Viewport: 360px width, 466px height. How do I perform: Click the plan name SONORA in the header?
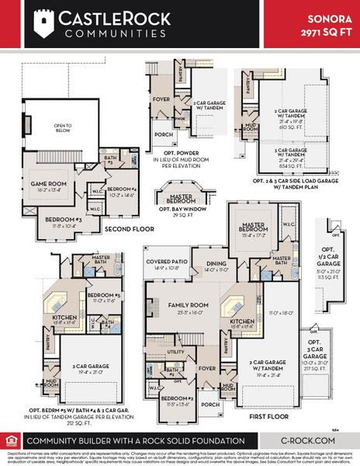click(324, 17)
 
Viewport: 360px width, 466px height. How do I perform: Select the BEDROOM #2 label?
click(178, 402)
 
